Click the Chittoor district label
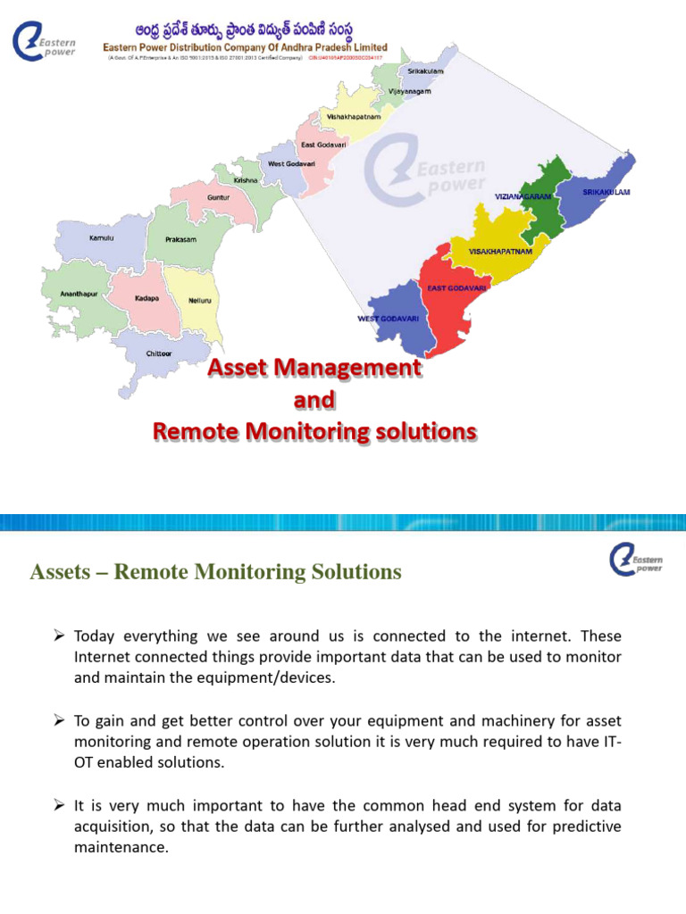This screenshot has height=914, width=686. [x=159, y=353]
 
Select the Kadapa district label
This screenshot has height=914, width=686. [x=146, y=297]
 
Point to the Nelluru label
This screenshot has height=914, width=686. [x=200, y=301]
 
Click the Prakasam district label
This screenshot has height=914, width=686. [x=180, y=240]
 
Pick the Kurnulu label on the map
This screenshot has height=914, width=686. [x=102, y=238]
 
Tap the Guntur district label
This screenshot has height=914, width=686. [x=219, y=197]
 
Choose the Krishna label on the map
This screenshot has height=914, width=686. [x=246, y=180]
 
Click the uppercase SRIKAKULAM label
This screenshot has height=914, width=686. [x=607, y=192]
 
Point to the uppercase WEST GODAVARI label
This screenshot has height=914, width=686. [x=389, y=319]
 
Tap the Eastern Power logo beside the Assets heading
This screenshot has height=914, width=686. [x=634, y=561]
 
